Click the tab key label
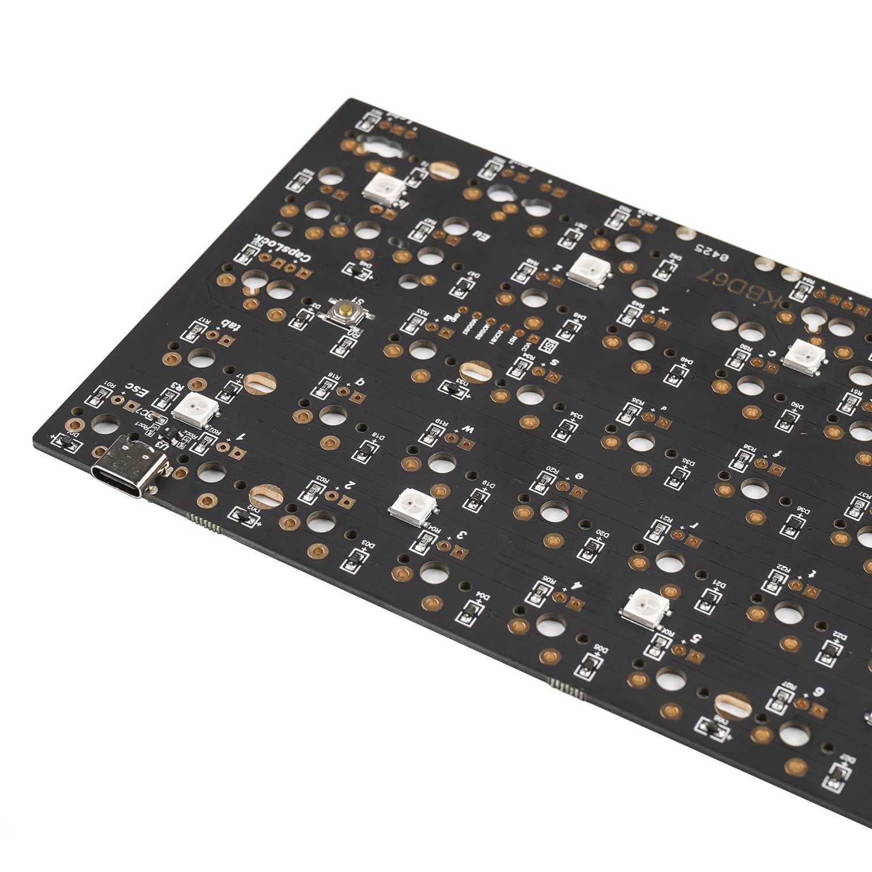(232, 326)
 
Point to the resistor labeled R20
(541, 482)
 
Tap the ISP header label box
(550, 347)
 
